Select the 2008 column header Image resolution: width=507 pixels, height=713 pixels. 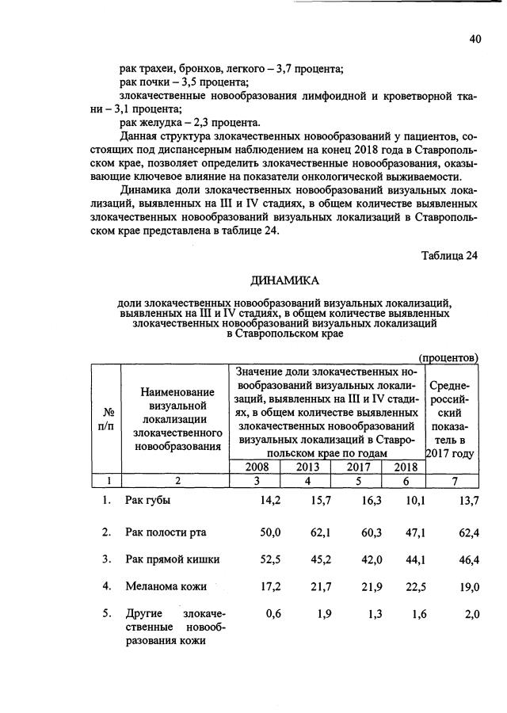click(x=257, y=467)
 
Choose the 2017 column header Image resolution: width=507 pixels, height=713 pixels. click(x=357, y=467)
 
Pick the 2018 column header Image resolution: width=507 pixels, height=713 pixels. click(x=404, y=467)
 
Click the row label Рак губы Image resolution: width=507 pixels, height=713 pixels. click(x=148, y=500)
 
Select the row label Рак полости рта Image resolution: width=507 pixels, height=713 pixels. click(x=166, y=530)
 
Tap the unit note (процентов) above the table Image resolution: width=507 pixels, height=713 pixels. click(x=448, y=357)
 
